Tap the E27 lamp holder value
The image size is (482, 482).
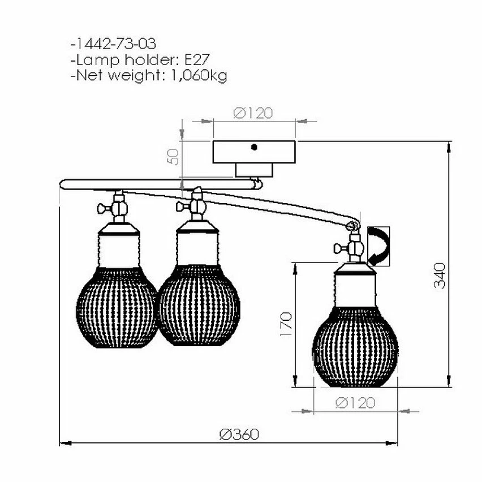tap(197, 59)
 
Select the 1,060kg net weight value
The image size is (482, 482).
tap(199, 76)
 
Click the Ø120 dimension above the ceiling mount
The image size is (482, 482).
tap(253, 113)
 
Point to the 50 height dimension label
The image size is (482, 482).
tap(174, 157)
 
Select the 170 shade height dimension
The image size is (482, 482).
tap(286, 324)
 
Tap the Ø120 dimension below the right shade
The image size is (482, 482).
tap(355, 403)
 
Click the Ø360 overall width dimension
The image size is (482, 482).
tap(239, 434)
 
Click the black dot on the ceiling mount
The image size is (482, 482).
tap(254, 147)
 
